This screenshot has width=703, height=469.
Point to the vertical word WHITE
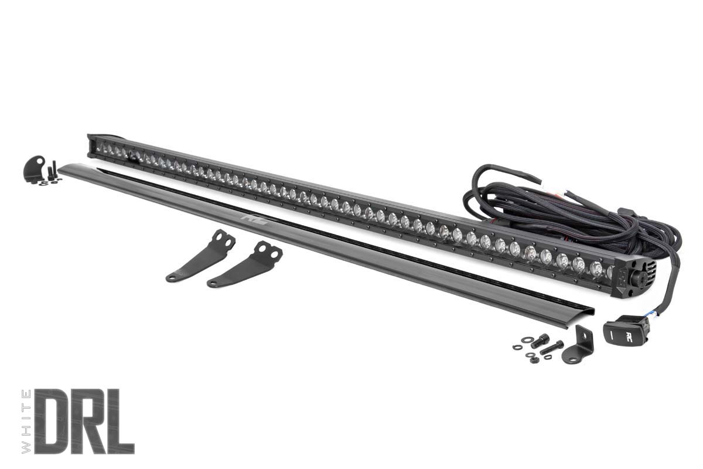point(26,420)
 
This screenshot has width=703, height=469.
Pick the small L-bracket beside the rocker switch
point(578,345)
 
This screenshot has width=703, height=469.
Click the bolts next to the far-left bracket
point(53,171)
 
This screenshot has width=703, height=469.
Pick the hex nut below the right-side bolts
point(534,359)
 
